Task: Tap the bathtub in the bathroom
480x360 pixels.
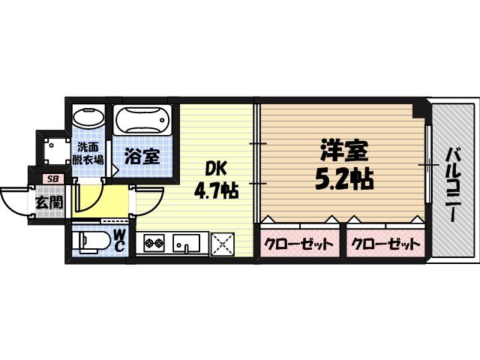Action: pyautogui.click(x=144, y=121)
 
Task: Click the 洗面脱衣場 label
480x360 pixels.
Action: pyautogui.click(x=89, y=152)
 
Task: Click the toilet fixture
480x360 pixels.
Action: pyautogui.click(x=91, y=242)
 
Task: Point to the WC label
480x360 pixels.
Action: pyautogui.click(x=119, y=241)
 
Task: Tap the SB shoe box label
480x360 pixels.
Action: pyautogui.click(x=52, y=179)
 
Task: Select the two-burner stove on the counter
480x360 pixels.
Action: pyautogui.click(x=154, y=244)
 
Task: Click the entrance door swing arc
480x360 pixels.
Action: pyautogui.click(x=13, y=201)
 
